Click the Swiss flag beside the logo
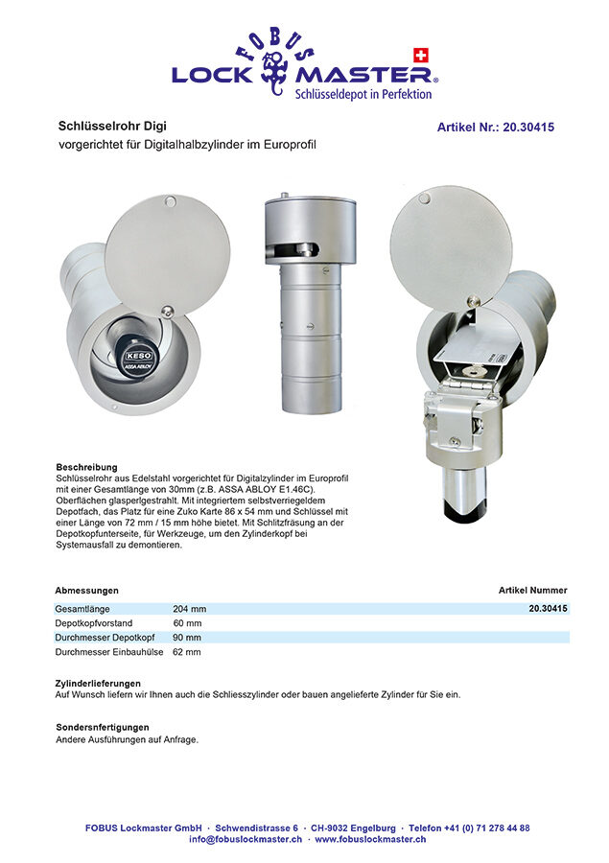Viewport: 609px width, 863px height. [x=418, y=54]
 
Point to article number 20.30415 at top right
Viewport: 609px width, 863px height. [x=496, y=127]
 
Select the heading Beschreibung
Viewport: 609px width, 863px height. [x=86, y=467]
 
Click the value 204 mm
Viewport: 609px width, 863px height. [x=189, y=609]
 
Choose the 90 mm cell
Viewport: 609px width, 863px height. [x=187, y=638]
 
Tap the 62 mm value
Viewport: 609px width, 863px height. [x=187, y=652]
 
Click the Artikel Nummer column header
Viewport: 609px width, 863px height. [x=532, y=591]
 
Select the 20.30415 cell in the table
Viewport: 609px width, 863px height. [x=548, y=609]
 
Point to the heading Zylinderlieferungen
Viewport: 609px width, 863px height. [x=98, y=684]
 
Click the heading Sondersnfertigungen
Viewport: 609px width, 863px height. [x=103, y=728]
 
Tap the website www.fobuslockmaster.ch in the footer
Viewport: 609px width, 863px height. [x=370, y=839]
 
